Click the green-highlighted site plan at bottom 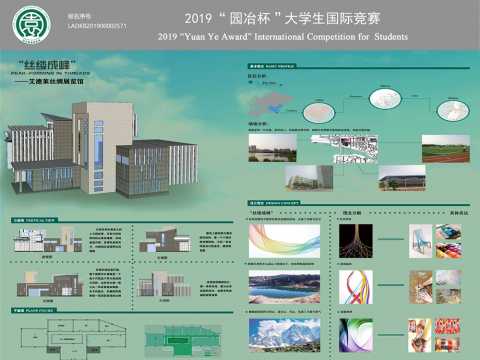coord(184,340)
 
